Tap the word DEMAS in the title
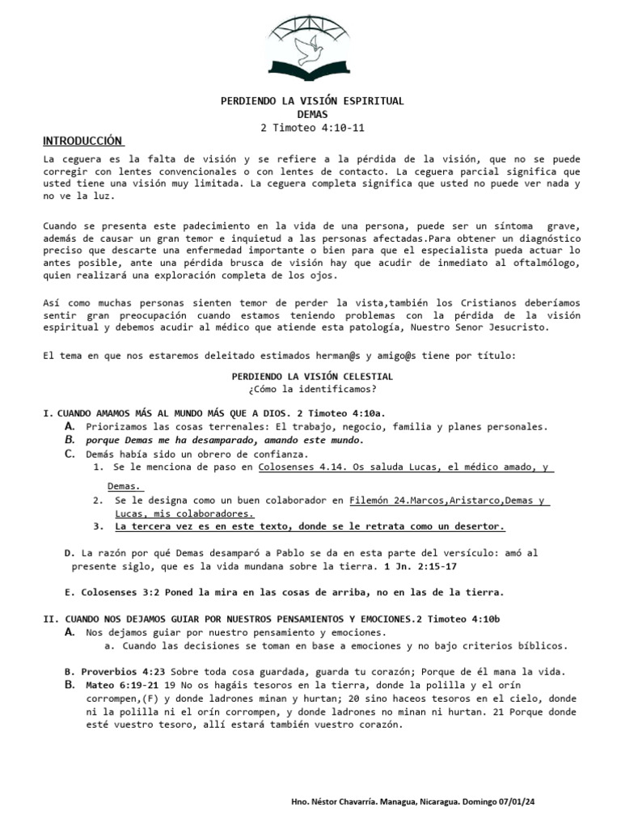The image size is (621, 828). [x=313, y=115]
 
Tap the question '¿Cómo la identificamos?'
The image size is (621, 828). [x=313, y=389]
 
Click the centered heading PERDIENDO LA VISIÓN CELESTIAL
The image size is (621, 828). [x=313, y=376]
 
